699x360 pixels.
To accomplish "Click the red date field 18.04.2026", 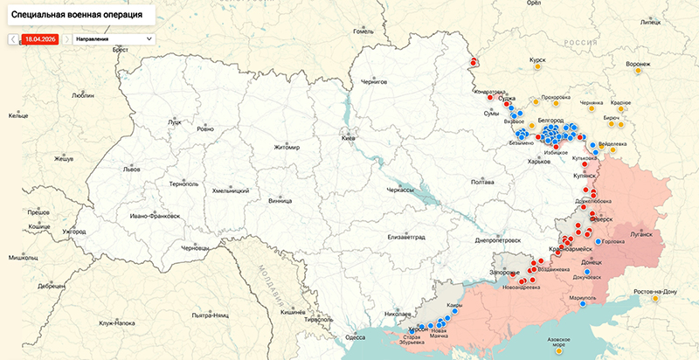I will pyautogui.click(x=40, y=39).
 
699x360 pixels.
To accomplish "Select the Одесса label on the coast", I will pyautogui.click(x=355, y=336).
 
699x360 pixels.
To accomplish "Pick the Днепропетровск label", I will pyautogui.click(x=498, y=239).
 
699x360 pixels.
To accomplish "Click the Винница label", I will pyautogui.click(x=280, y=200).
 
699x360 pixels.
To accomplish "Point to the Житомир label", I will pyautogui.click(x=287, y=147).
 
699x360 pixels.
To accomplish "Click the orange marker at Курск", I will pyautogui.click(x=538, y=67).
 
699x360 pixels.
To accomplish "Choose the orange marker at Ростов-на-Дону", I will pyautogui.click(x=654, y=299).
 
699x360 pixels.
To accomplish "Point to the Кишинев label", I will pyautogui.click(x=292, y=311).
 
